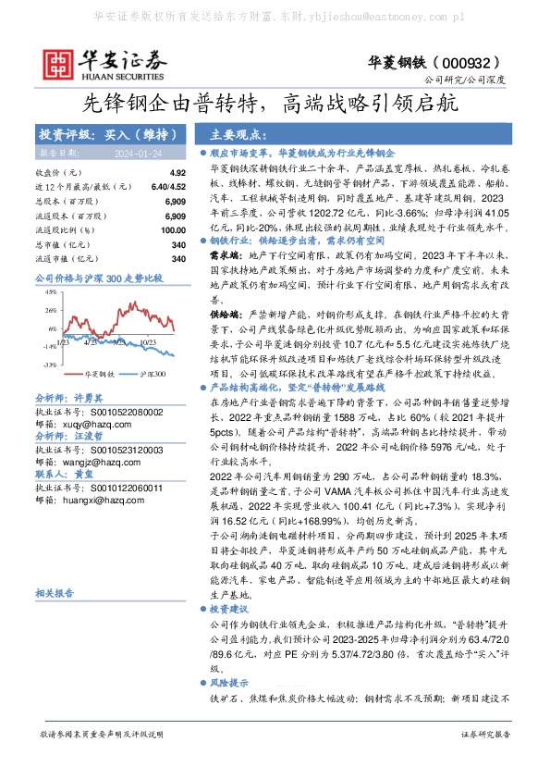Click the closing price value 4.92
pyautogui.click(x=177, y=173)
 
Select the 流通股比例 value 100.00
pyautogui.click(x=172, y=230)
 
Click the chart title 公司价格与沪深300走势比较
pyautogui.click(x=98, y=278)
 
